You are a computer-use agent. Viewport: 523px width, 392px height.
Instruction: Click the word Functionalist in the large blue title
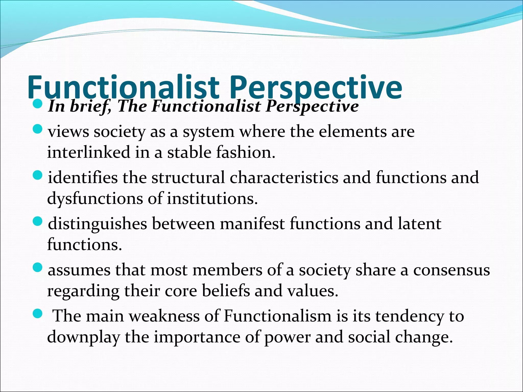click(x=123, y=87)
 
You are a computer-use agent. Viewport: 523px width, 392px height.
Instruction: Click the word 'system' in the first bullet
click(x=208, y=132)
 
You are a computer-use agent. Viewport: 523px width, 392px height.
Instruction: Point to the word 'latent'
click(x=420, y=224)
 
